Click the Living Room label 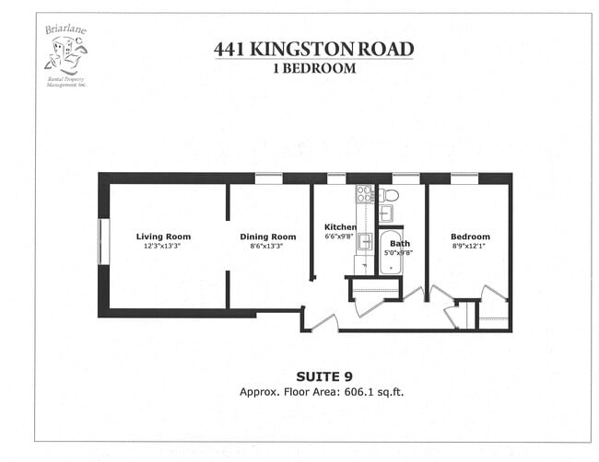pyautogui.click(x=163, y=237)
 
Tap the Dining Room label pyautogui.click(x=267, y=237)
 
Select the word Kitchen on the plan pyautogui.click(x=340, y=226)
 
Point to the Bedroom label pyautogui.click(x=470, y=237)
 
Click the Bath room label pyautogui.click(x=399, y=244)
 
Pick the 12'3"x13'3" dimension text pyautogui.click(x=163, y=246)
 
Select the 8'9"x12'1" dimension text pyautogui.click(x=470, y=246)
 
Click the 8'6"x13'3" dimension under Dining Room pyautogui.click(x=267, y=246)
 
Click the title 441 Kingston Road pyautogui.click(x=313, y=48)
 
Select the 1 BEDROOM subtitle pyautogui.click(x=313, y=67)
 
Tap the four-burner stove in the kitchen pyautogui.click(x=364, y=194)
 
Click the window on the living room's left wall pyautogui.click(x=104, y=242)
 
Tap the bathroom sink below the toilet pyautogui.click(x=386, y=214)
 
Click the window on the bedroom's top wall pyautogui.click(x=464, y=179)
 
